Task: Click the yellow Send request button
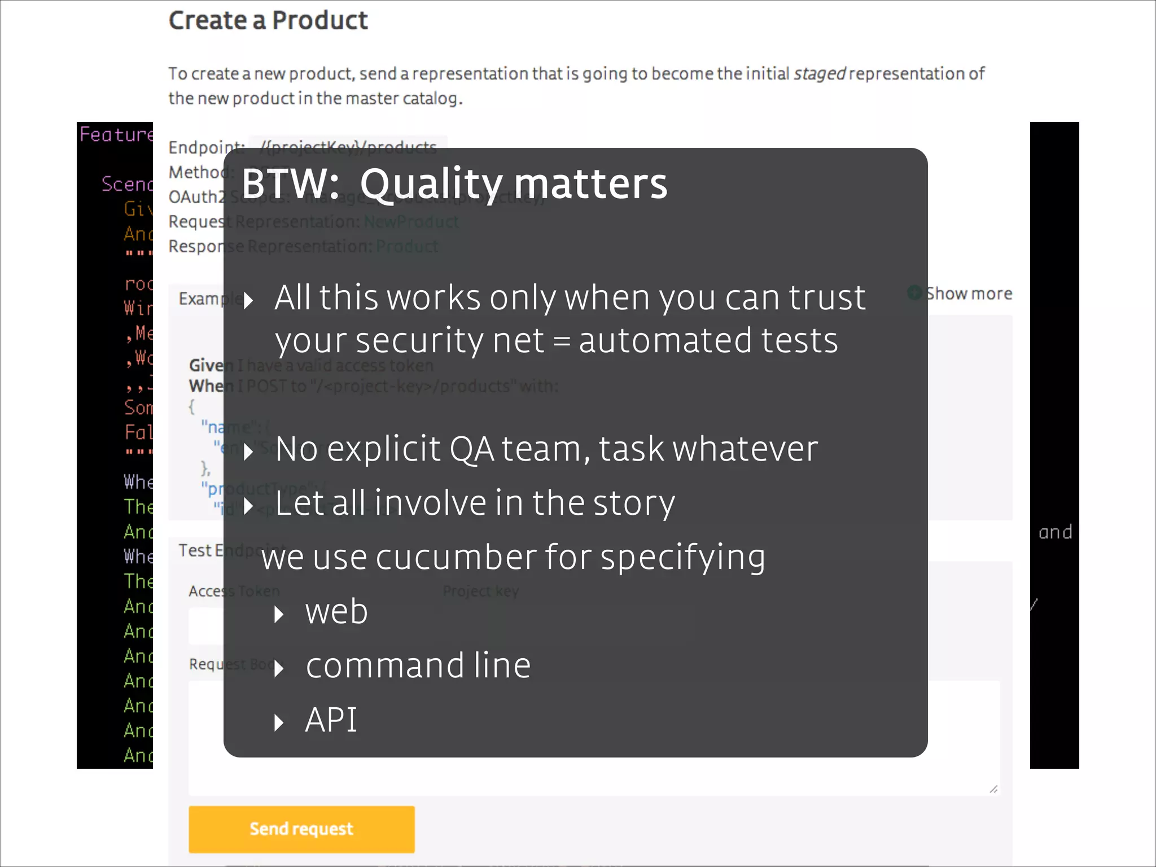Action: (301, 829)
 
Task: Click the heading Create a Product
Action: (268, 21)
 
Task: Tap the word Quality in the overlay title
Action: (431, 185)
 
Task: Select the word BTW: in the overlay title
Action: (290, 183)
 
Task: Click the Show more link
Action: (968, 294)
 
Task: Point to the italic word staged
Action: (820, 74)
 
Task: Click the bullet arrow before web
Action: (279, 614)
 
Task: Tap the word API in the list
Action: (331, 720)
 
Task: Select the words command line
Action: (418, 665)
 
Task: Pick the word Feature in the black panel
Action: (116, 134)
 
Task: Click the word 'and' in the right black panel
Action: (1055, 532)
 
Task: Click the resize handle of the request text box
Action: (993, 789)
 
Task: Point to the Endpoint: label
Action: (206, 148)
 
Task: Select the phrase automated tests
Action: (708, 341)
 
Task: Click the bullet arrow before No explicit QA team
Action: (248, 452)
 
